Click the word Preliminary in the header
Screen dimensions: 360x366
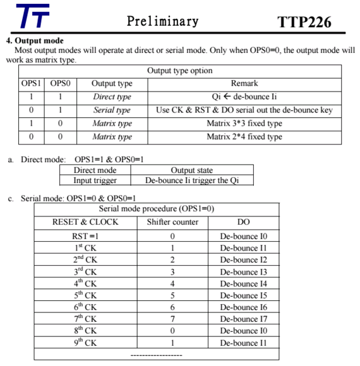(162, 21)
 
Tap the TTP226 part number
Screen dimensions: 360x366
(304, 22)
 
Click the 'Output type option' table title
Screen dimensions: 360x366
(180, 71)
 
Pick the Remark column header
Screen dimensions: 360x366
(244, 83)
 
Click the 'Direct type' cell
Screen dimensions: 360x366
(112, 97)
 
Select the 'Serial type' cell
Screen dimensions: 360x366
(112, 110)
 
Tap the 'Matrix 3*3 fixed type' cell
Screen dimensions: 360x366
(244, 123)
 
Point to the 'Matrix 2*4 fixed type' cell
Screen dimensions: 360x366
(244, 136)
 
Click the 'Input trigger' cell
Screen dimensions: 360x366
(95, 180)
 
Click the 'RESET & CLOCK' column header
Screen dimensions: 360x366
(85, 222)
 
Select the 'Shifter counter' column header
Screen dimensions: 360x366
(172, 222)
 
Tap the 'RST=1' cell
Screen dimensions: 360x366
(85, 237)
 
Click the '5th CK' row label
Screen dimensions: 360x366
(85, 295)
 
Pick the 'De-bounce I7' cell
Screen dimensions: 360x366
(243, 319)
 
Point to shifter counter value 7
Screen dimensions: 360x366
(172, 319)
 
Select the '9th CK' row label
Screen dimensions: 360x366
(85, 343)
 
